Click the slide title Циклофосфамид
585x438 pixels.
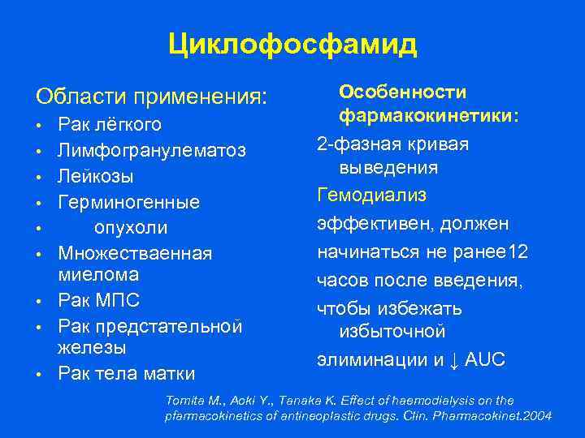coord(292,44)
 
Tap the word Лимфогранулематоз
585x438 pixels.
coord(152,151)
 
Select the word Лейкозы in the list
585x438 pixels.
coord(96,176)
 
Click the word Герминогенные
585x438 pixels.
coord(128,201)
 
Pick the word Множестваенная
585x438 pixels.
coord(135,253)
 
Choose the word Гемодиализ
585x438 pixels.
coord(371,194)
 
